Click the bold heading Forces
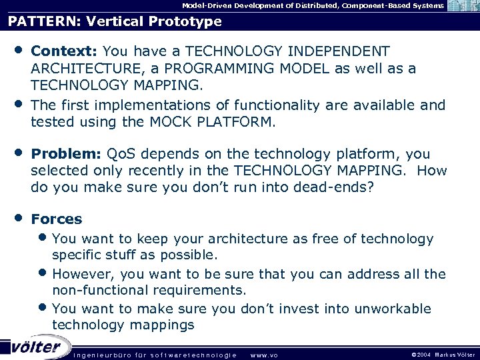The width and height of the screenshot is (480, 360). [57, 219]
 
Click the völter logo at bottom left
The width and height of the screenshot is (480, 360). [35, 347]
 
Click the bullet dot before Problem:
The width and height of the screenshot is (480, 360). [19, 153]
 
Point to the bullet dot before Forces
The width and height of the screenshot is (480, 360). [19, 218]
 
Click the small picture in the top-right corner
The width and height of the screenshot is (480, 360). [463, 6]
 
